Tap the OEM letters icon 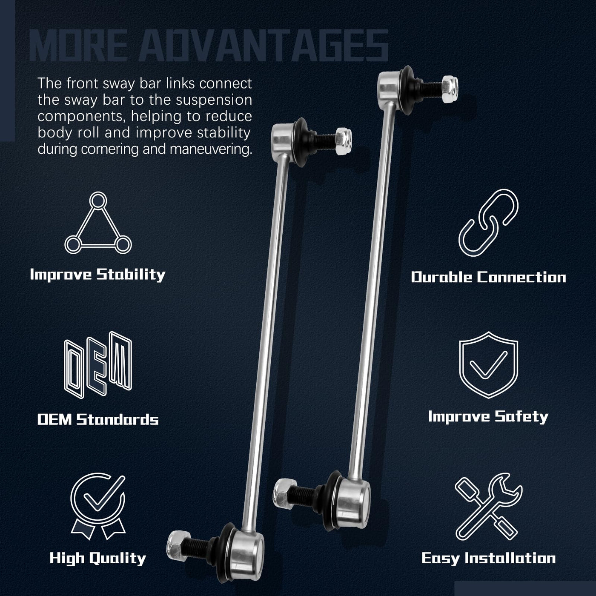pyautogui.click(x=98, y=365)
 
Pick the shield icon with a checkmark pyautogui.click(x=488, y=365)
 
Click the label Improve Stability pyautogui.click(x=98, y=275)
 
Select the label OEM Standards pyautogui.click(x=98, y=420)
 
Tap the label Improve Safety pyautogui.click(x=488, y=417)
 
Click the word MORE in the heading pyautogui.click(x=78, y=46)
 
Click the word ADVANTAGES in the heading pyautogui.click(x=264, y=46)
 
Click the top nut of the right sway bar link pyautogui.click(x=450, y=89)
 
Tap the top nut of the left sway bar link pyautogui.click(x=344, y=142)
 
